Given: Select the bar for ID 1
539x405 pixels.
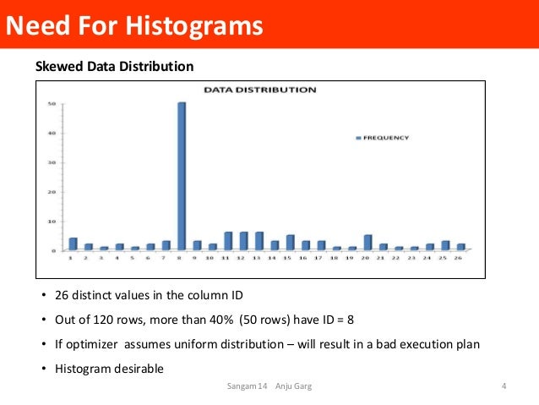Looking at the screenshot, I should [x=73, y=244].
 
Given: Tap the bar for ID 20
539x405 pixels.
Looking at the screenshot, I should [x=367, y=243].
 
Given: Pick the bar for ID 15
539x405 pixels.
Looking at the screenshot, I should [x=290, y=243].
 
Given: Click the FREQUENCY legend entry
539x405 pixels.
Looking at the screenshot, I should [x=384, y=137].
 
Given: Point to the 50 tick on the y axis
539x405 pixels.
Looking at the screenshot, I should [x=52, y=104].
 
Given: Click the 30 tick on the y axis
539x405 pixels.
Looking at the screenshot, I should [x=52, y=162].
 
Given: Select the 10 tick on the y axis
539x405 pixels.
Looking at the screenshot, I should [x=52, y=222].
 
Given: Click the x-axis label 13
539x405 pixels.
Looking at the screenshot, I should [x=259, y=258].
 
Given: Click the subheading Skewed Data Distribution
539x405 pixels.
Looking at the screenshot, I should [x=113, y=66].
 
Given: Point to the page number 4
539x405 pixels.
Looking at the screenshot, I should [x=504, y=386].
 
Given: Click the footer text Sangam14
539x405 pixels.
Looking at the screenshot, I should [x=248, y=386].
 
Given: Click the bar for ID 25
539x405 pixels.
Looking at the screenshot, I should [x=445, y=245].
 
